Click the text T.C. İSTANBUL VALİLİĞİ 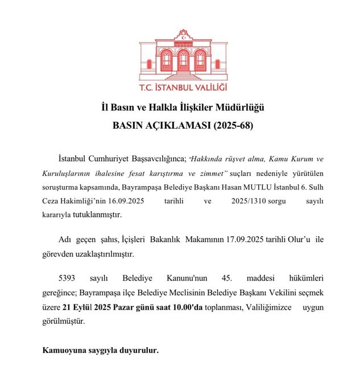tap(183, 88)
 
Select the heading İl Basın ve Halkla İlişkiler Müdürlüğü tap(183, 107)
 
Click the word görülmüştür tap(63, 322)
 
